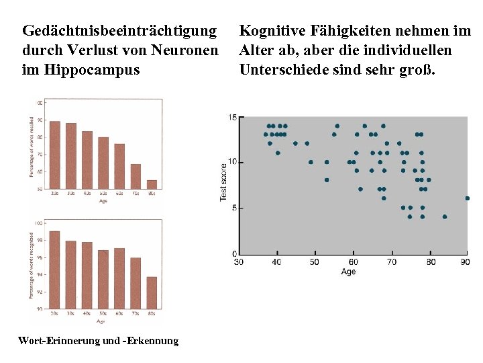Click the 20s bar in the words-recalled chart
click(x=55, y=155)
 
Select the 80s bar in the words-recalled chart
click(x=152, y=184)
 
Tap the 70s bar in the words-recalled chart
click(x=136, y=176)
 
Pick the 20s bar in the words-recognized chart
click(x=55, y=269)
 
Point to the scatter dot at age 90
click(x=467, y=198)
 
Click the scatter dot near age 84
click(x=445, y=216)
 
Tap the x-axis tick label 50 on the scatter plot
click(x=314, y=261)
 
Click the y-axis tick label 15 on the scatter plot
click(x=232, y=118)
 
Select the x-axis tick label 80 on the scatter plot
click(x=430, y=261)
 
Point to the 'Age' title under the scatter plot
click(x=348, y=272)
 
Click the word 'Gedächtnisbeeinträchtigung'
click(x=119, y=31)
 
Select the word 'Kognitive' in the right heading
click(x=270, y=31)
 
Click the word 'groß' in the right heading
click(x=415, y=69)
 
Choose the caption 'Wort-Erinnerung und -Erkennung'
click(x=99, y=341)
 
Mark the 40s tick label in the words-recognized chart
click(x=87, y=313)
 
